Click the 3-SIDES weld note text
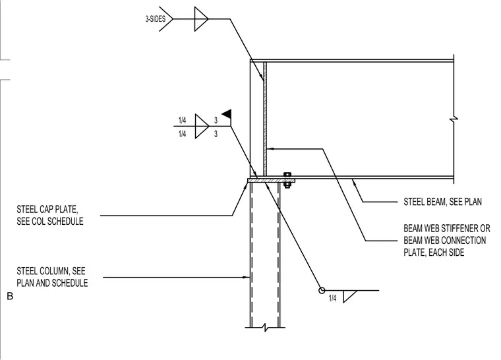(x=156, y=19)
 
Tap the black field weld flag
(x=227, y=114)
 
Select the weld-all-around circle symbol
(x=322, y=290)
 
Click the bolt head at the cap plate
(x=287, y=175)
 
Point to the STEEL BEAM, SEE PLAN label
(x=442, y=202)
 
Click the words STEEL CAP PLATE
(x=47, y=210)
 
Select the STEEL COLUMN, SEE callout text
(x=51, y=271)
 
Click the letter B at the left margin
(x=10, y=297)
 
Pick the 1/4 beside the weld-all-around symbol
(x=332, y=298)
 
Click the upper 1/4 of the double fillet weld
(x=182, y=120)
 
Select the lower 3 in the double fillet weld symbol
(x=216, y=134)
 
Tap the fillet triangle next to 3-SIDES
(x=201, y=19)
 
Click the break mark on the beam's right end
(x=454, y=119)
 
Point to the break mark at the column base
(x=265, y=328)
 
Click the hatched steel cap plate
(x=271, y=181)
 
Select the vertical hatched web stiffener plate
(x=265, y=119)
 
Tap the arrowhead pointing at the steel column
(x=247, y=277)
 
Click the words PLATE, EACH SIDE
(x=434, y=253)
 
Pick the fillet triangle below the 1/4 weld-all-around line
(x=349, y=297)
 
